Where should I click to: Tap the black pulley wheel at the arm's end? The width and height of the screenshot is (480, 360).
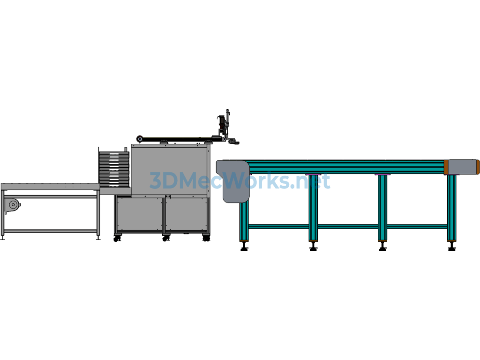pos(140,139)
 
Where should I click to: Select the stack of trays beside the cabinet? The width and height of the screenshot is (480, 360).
pos(113,169)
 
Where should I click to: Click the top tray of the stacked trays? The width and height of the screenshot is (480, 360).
pos(113,153)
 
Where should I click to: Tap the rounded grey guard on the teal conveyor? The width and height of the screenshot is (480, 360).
pos(233,181)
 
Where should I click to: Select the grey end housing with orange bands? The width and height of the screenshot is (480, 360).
pos(462,167)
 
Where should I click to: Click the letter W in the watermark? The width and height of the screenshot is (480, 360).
pos(241,180)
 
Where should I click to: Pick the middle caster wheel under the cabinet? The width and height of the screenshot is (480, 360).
pos(165,238)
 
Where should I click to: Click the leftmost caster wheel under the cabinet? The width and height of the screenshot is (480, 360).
pos(117,239)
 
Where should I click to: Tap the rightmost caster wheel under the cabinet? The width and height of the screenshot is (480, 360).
pos(206,238)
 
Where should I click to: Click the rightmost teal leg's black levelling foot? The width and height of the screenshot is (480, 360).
pos(452,246)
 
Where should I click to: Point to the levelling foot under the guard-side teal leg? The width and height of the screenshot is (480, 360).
pos(244,246)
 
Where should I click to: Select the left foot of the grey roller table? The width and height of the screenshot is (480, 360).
pos(3,238)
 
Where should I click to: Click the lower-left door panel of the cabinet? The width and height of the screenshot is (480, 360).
pos(140,214)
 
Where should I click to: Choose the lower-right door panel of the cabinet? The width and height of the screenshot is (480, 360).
pos(186,214)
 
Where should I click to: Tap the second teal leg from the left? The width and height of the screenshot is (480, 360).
pos(313,208)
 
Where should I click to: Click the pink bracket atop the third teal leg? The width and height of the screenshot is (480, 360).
pos(382,174)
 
